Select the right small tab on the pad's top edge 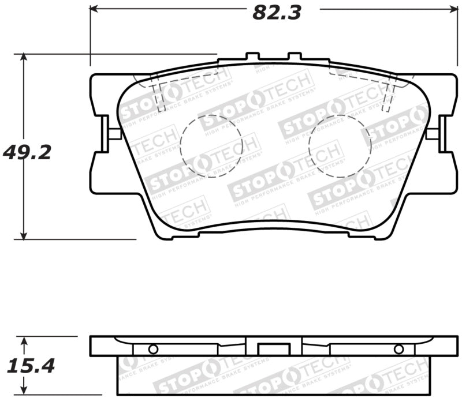(295, 57)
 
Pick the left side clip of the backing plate (106, 134)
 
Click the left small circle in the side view (152, 349)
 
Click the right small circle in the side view (398, 349)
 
